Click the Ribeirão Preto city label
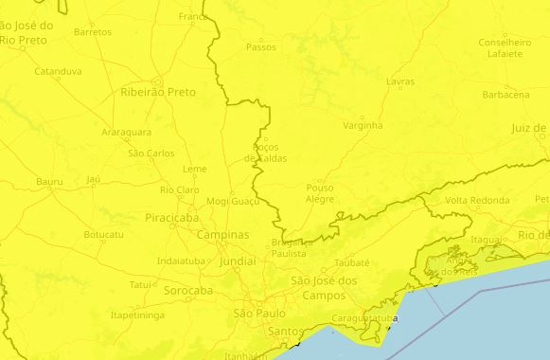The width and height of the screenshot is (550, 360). point(158,93)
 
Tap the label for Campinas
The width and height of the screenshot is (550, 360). point(223,234)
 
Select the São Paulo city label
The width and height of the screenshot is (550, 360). point(259,313)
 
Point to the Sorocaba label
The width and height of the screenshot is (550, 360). point(188,290)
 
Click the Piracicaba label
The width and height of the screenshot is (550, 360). point(172,217)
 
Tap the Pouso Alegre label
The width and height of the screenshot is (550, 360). point(320,193)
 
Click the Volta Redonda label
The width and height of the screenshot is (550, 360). point(477,201)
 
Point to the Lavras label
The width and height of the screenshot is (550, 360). point(400,81)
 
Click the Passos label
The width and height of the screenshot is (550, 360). point(260,46)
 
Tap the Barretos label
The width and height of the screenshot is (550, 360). point(93,31)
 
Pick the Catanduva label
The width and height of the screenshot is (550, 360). point(58,71)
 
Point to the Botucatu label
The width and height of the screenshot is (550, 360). point(103,234)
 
